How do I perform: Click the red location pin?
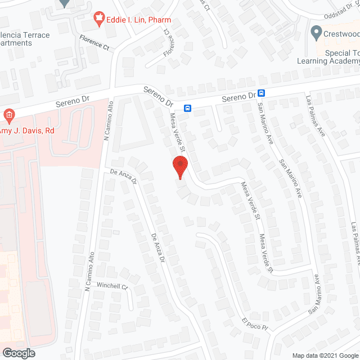click(x=179, y=167)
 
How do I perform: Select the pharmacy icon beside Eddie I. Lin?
click(x=100, y=20)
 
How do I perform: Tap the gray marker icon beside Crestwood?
click(x=316, y=31)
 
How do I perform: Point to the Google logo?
click(x=18, y=353)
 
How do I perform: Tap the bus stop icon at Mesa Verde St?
click(x=187, y=108)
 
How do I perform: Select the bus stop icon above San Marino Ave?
click(x=261, y=93)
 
